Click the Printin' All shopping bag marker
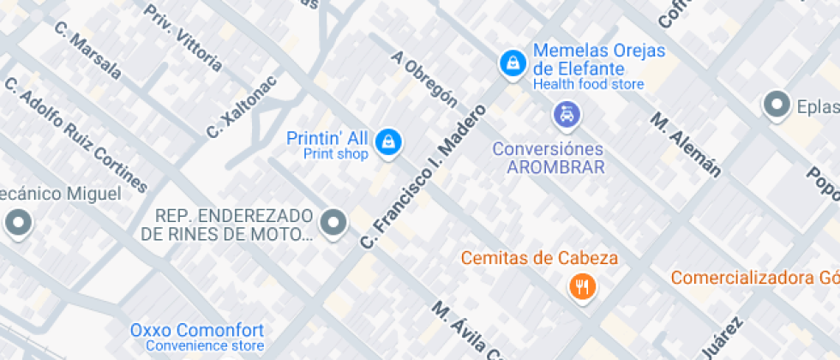click(388, 142)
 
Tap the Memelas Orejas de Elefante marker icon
click(513, 63)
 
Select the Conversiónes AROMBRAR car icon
click(566, 113)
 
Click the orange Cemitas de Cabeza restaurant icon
click(583, 286)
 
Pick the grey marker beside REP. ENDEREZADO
click(333, 223)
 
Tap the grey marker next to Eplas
click(777, 105)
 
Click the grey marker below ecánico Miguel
click(17, 225)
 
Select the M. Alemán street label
click(685, 144)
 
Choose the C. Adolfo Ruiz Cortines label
click(76, 134)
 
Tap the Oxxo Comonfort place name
click(197, 330)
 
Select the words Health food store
click(588, 84)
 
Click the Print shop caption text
click(336, 154)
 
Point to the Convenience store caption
click(205, 346)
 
